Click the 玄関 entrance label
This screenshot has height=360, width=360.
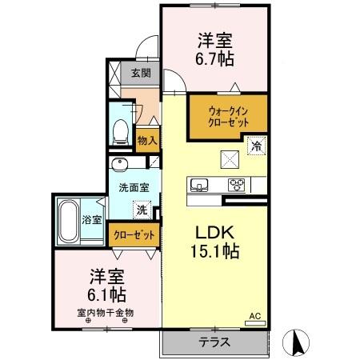(x=141, y=74)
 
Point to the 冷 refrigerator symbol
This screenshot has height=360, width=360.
(x=257, y=146)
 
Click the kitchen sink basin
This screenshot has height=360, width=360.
(x=198, y=186)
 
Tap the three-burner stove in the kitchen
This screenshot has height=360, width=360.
(x=237, y=186)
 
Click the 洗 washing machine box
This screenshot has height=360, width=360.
(x=142, y=212)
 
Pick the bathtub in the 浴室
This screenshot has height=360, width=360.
(x=69, y=219)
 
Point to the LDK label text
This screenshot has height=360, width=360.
(x=215, y=232)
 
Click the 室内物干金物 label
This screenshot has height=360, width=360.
(x=106, y=313)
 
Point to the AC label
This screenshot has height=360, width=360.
(x=256, y=316)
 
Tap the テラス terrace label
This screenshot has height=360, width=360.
(x=215, y=342)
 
